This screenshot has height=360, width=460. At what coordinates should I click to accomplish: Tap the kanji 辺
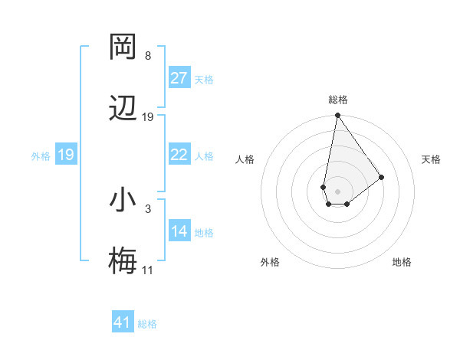(x=123, y=109)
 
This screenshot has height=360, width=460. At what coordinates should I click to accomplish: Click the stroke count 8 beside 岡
(x=148, y=56)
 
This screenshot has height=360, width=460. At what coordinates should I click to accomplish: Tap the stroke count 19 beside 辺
(x=148, y=117)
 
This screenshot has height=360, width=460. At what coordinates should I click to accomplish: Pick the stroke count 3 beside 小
(x=148, y=208)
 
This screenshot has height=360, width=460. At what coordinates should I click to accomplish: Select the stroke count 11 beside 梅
(x=148, y=270)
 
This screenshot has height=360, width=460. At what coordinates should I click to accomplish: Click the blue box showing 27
(x=179, y=78)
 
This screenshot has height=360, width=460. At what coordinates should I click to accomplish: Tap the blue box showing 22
(x=179, y=155)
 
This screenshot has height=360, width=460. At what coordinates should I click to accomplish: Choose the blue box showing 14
(x=179, y=231)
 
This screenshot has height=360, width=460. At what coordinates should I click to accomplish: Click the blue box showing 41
(x=123, y=322)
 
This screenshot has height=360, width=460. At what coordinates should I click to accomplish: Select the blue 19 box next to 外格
(x=66, y=155)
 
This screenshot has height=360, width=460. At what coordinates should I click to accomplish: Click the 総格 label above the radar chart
(x=337, y=100)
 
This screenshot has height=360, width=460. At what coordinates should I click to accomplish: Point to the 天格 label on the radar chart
(x=431, y=159)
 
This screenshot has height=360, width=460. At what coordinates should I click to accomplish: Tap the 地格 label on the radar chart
(x=402, y=262)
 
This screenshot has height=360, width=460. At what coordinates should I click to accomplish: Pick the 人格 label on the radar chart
(x=245, y=159)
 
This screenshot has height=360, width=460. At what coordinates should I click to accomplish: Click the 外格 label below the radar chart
(x=270, y=262)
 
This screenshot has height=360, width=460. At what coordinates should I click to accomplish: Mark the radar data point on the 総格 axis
(x=337, y=116)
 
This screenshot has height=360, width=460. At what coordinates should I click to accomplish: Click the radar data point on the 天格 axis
(x=381, y=177)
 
